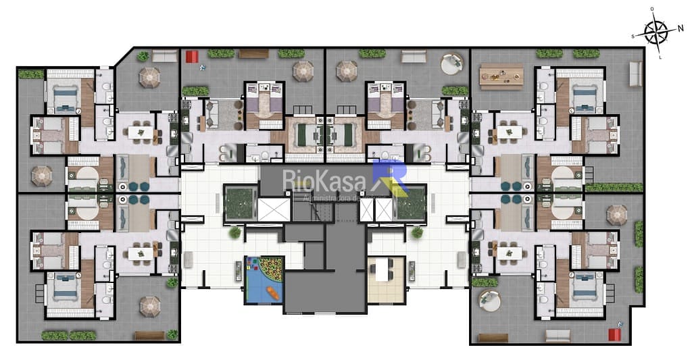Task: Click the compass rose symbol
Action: pyautogui.click(x=655, y=32)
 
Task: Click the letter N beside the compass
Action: pyautogui.click(x=681, y=29)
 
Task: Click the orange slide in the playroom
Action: pyautogui.click(x=272, y=292)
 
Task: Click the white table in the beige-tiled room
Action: pyautogui.click(x=381, y=269)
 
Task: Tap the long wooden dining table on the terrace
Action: pyautogui.click(x=501, y=76)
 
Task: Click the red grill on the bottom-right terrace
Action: pyautogui.click(x=614, y=334)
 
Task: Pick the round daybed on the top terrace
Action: pyautogui.click(x=451, y=65)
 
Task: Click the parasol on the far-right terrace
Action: pyautogui.click(x=616, y=215)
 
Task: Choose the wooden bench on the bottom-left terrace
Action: pyautogui.click(x=149, y=336)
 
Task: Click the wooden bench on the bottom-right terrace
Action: pyautogui.click(x=558, y=335)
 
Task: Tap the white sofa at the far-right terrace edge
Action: pyautogui.click(x=635, y=73)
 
